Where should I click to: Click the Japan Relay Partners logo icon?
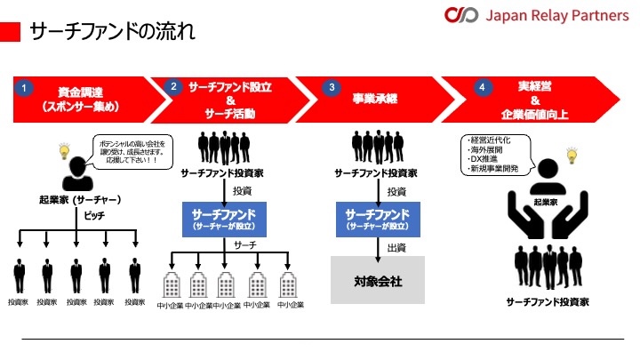tap(462, 16)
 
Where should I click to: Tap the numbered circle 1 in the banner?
tap(26, 88)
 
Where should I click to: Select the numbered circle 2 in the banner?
tap(173, 87)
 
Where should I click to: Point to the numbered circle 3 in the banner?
tap(332, 88)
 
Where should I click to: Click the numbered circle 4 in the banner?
tap(482, 88)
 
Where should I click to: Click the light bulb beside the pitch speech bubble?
tap(64, 151)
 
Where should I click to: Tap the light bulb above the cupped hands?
tap(572, 157)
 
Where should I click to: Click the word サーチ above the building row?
tap(246, 244)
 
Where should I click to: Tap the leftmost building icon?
tap(173, 284)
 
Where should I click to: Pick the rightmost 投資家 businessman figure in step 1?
tap(135, 275)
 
